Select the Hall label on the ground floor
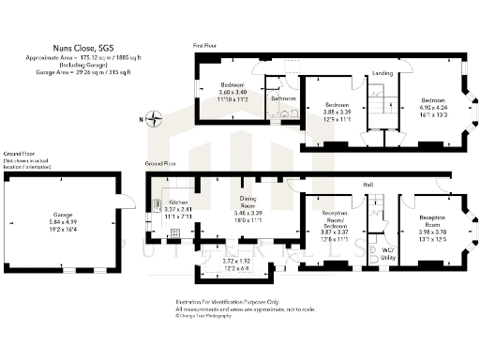[x=369, y=185]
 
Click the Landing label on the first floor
[x=382, y=72]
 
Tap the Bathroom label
[x=283, y=97]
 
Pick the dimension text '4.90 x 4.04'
[x=433, y=107]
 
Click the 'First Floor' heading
[x=206, y=45]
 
